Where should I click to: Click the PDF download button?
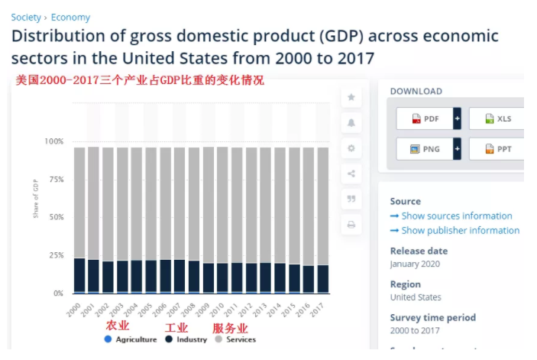click(425, 119)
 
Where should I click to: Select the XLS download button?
click(497, 119)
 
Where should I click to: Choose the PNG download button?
click(425, 148)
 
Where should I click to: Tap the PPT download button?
click(497, 148)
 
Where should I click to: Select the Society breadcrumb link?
click(26, 17)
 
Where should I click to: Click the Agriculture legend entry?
click(131, 339)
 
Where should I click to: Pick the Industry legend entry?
click(186, 339)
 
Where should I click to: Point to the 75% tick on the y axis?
click(53, 180)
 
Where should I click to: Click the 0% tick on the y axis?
click(57, 294)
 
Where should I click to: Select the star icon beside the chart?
click(351, 97)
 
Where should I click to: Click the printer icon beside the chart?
click(351, 225)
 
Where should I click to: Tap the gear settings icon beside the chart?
click(351, 148)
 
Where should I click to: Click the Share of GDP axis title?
click(36, 198)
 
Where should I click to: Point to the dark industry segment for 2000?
click(79, 274)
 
